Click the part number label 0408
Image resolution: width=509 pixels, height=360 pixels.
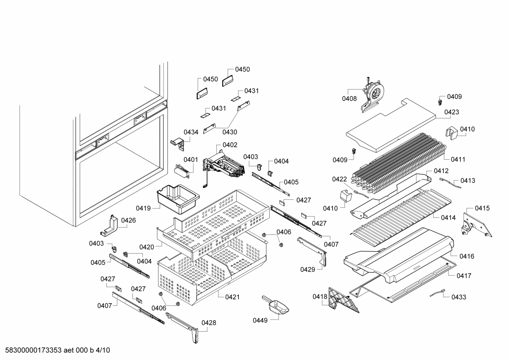point(349,99)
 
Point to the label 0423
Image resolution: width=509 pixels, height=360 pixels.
point(451,112)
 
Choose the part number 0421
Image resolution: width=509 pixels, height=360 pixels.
point(232,297)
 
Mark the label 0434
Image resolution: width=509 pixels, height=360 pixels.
point(191,132)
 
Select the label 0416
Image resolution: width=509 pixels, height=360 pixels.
point(467,256)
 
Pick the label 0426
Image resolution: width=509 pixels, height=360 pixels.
point(128,220)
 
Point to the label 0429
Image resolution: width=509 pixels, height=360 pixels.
point(307,270)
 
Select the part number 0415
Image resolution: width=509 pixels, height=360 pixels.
point(482,208)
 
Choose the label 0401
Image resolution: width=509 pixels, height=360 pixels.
point(191,159)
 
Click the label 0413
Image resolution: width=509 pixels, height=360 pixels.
point(468,181)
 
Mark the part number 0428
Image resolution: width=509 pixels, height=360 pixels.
point(209,323)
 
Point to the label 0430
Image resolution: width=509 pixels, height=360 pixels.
point(229,132)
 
